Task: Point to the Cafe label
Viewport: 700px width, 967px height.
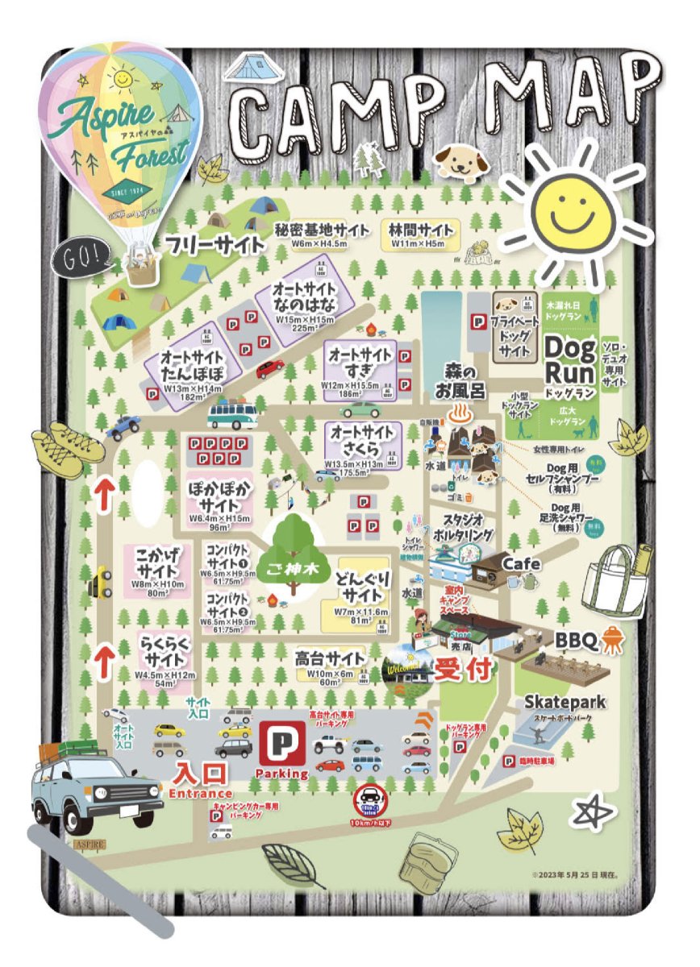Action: [x=522, y=563]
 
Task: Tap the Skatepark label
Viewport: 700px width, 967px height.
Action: [x=565, y=702]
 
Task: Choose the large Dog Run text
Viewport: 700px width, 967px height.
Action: [x=571, y=359]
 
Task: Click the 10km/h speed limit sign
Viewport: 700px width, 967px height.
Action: [x=372, y=802]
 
